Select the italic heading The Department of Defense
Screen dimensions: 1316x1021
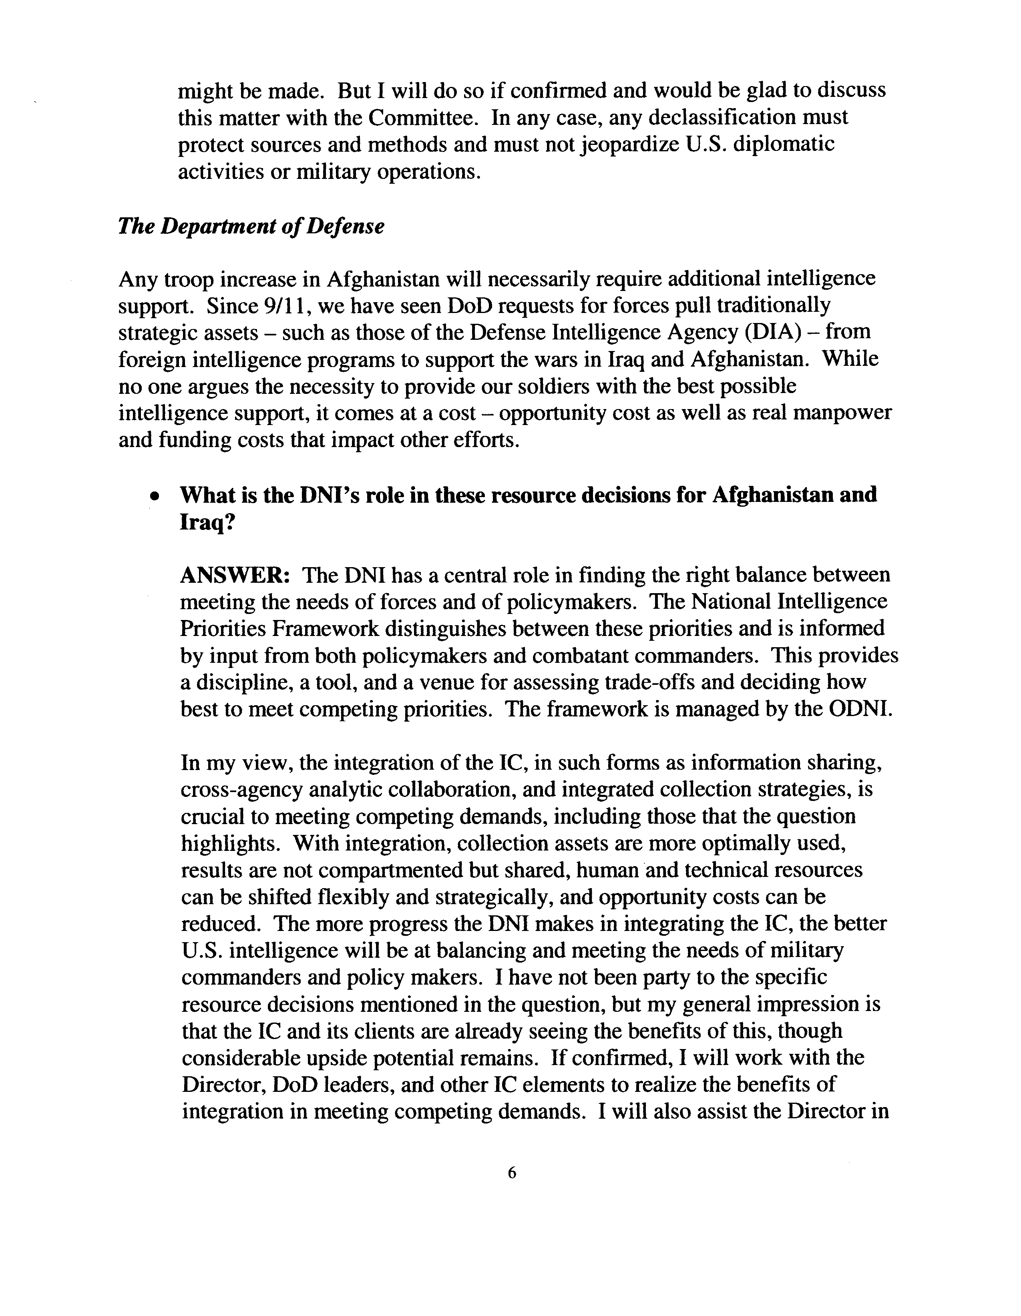(x=251, y=227)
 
